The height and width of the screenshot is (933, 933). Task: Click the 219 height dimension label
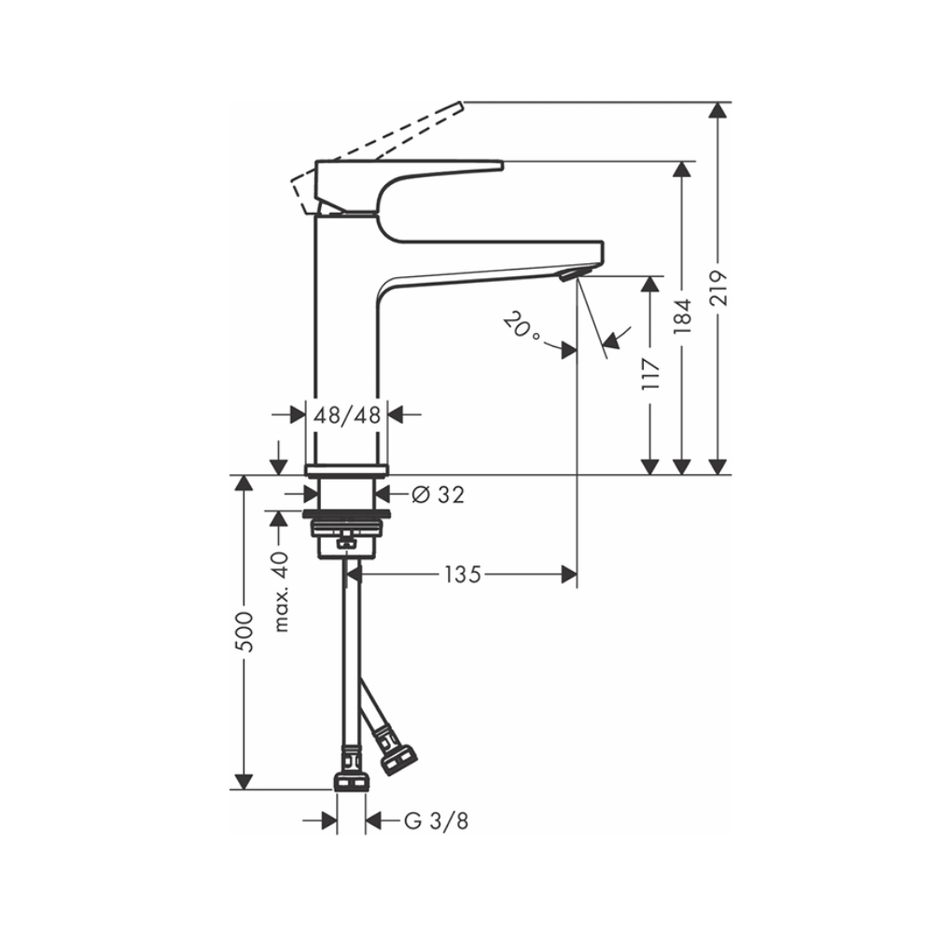718,288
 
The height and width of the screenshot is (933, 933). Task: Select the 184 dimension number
683,315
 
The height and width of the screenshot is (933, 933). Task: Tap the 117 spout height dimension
651,374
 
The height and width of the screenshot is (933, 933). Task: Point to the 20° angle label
522,328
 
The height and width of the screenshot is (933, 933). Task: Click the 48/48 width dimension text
347,415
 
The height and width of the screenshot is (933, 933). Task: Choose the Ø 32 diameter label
438,494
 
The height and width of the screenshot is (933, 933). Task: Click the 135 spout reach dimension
463,575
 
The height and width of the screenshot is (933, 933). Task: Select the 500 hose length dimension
244,631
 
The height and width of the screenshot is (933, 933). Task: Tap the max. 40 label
281,592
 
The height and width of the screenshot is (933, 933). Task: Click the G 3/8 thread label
436,821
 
